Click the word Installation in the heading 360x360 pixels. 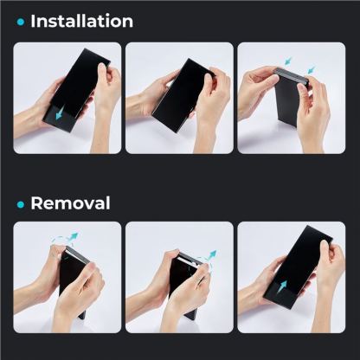[82, 21]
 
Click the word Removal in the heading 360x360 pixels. [70, 203]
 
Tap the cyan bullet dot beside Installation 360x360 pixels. [21, 22]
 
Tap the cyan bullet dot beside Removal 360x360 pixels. [21, 204]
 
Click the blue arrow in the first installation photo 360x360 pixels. [60, 114]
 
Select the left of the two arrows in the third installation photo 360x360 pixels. [288, 61]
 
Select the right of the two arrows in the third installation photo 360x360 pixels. [312, 69]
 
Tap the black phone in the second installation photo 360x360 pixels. [183, 96]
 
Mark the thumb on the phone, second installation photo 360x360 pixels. [209, 80]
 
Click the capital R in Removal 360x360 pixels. [36, 203]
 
